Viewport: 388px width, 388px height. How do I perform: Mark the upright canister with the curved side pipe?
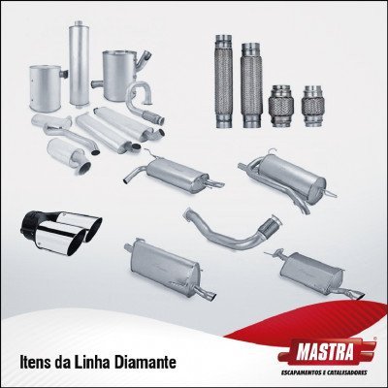pyautogui.click(x=122, y=78)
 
